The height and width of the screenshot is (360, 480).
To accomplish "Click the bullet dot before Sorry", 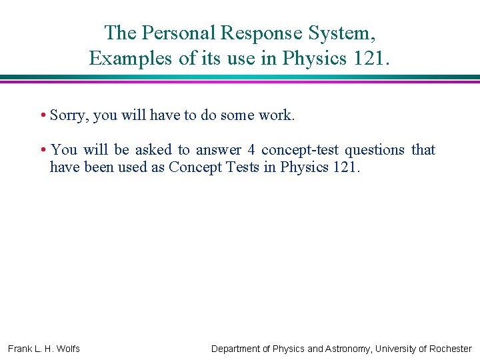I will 42,115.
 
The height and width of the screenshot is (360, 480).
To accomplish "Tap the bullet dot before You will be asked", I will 42,150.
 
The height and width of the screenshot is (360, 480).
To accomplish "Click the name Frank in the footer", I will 20,349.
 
